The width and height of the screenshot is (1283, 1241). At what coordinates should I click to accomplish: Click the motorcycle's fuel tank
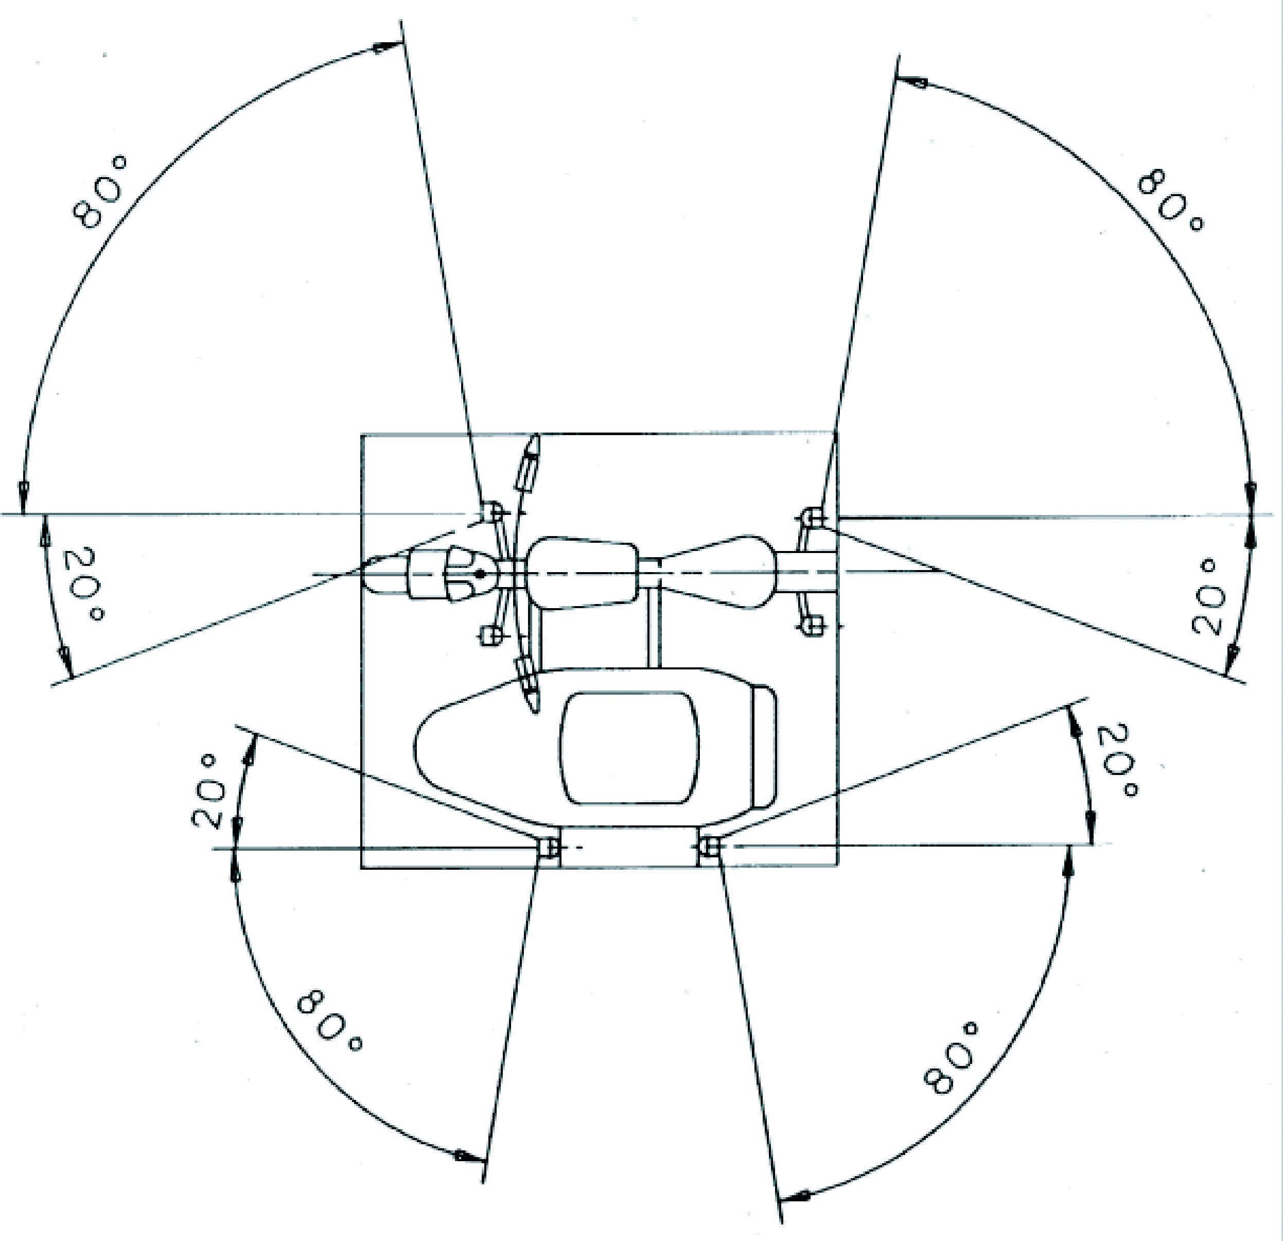click(x=583, y=573)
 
